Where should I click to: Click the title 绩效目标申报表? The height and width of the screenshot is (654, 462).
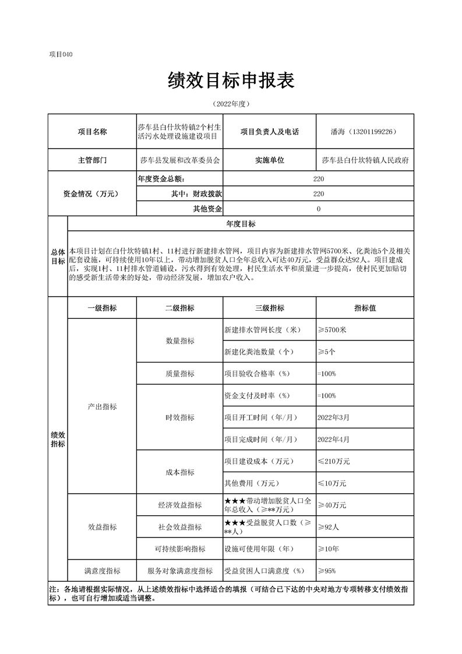click(231, 81)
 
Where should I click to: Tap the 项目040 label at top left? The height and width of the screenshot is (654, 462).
click(61, 54)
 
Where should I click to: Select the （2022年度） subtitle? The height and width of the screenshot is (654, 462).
click(231, 104)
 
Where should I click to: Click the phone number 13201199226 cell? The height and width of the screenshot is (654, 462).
click(364, 132)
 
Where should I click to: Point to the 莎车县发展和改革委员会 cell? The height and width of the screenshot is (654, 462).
click(180, 160)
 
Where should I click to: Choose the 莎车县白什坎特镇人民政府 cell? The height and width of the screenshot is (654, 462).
click(365, 160)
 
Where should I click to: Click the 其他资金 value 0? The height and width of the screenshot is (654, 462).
click(318, 209)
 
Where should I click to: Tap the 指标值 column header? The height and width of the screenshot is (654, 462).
click(365, 308)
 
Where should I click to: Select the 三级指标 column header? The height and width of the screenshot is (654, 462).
click(269, 308)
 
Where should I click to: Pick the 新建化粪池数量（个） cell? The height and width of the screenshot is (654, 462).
click(259, 352)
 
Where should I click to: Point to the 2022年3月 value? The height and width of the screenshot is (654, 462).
click(334, 417)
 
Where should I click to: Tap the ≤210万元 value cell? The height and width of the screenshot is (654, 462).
click(334, 461)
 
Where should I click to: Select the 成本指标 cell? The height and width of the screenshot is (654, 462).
click(179, 472)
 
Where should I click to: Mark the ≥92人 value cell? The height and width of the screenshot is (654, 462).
click(329, 527)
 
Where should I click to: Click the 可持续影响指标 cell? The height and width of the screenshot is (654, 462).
click(179, 548)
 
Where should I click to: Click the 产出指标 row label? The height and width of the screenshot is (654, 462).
click(102, 406)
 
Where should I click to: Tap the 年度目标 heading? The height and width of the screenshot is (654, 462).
click(241, 224)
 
